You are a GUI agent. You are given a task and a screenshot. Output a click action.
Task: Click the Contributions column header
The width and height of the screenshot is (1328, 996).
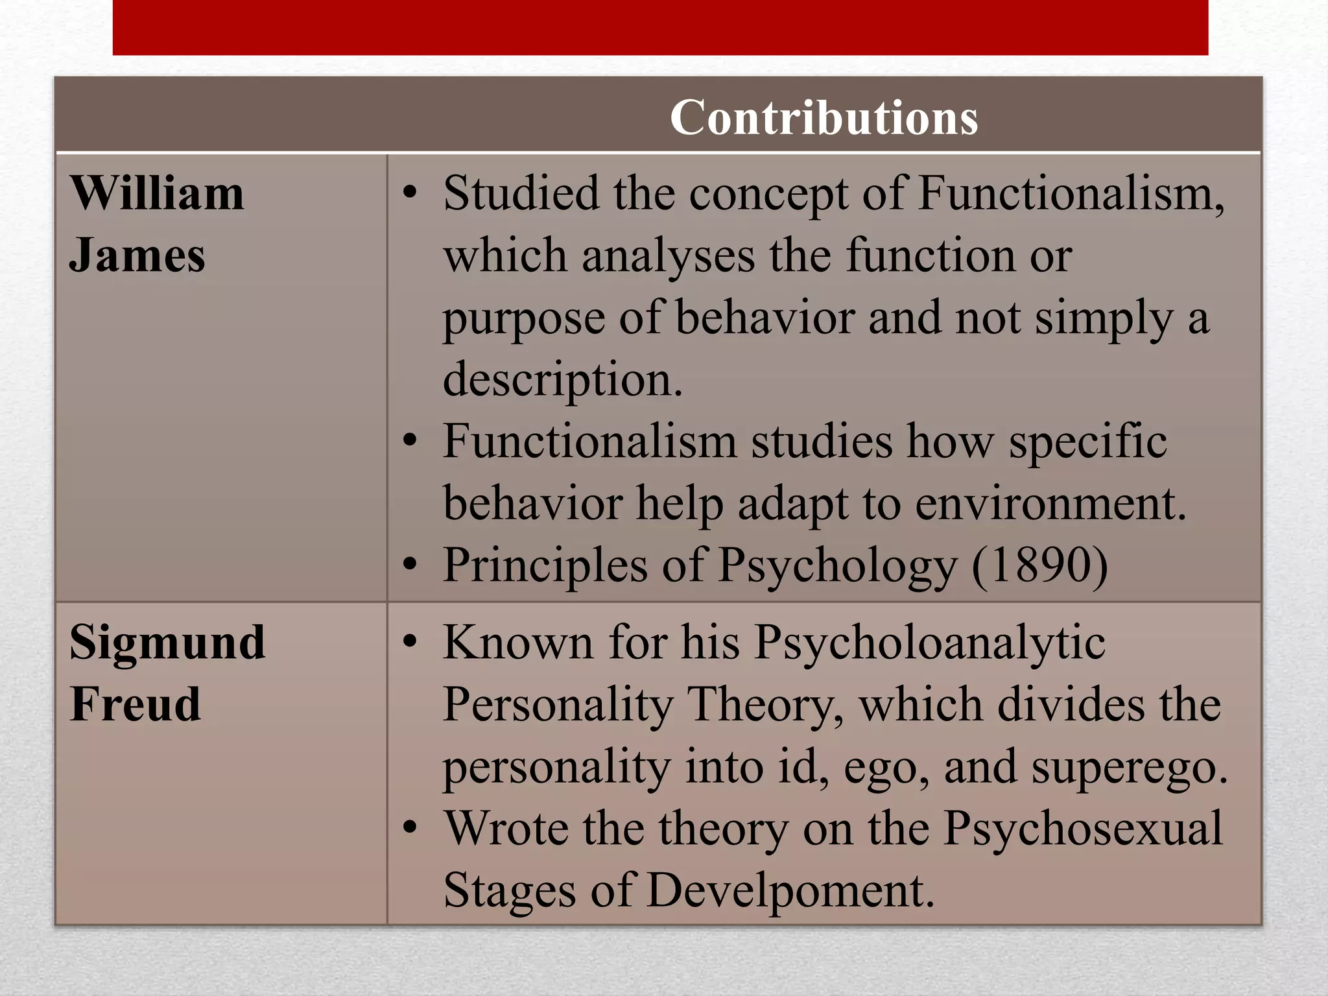pyautogui.click(x=824, y=118)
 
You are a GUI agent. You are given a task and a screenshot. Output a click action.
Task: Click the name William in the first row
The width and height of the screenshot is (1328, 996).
pyautogui.click(x=157, y=194)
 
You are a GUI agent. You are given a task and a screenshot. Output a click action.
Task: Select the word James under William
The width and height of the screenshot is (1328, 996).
pyautogui.click(x=137, y=255)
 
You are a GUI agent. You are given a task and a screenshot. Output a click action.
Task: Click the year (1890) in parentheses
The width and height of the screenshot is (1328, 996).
pyautogui.click(x=1039, y=565)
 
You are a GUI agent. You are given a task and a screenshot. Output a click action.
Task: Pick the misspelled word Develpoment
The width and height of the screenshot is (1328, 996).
pyautogui.click(x=790, y=890)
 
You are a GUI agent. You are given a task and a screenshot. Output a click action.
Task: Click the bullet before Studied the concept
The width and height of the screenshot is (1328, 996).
pyautogui.click(x=409, y=193)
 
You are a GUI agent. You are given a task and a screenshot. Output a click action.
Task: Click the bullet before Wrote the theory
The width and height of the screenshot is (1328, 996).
pyautogui.click(x=409, y=828)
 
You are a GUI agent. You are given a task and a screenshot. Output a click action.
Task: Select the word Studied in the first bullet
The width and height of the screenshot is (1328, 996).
pyautogui.click(x=521, y=194)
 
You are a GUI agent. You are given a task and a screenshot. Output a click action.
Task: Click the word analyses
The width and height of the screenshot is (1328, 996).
pyautogui.click(x=668, y=255)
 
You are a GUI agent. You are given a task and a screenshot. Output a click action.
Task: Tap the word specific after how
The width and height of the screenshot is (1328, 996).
pyautogui.click(x=1087, y=443)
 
